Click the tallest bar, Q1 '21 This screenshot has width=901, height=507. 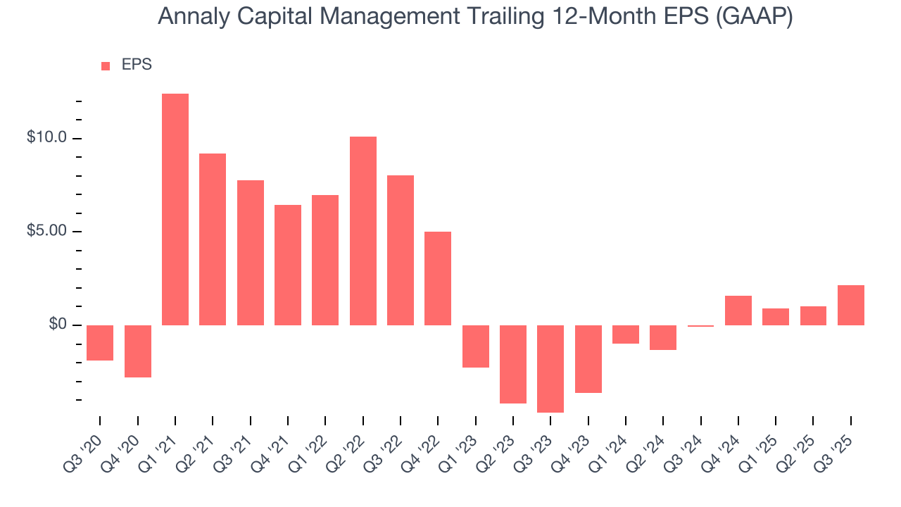[x=175, y=209]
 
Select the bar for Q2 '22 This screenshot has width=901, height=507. [x=363, y=230]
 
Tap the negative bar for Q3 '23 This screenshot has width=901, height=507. [x=550, y=368]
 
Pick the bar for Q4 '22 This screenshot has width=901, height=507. [x=438, y=278]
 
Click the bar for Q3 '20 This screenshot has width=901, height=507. [x=100, y=342]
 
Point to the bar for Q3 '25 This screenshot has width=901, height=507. [x=850, y=305]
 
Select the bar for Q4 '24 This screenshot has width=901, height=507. [x=738, y=310]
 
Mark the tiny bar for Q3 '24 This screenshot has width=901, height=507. [x=700, y=326]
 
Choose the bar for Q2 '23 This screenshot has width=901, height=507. [x=513, y=364]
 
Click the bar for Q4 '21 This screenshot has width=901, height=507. [x=288, y=265]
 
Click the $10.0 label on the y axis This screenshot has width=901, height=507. [x=46, y=138]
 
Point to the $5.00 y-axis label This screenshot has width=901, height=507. [x=46, y=232]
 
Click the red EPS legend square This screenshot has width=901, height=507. [x=106, y=65]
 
